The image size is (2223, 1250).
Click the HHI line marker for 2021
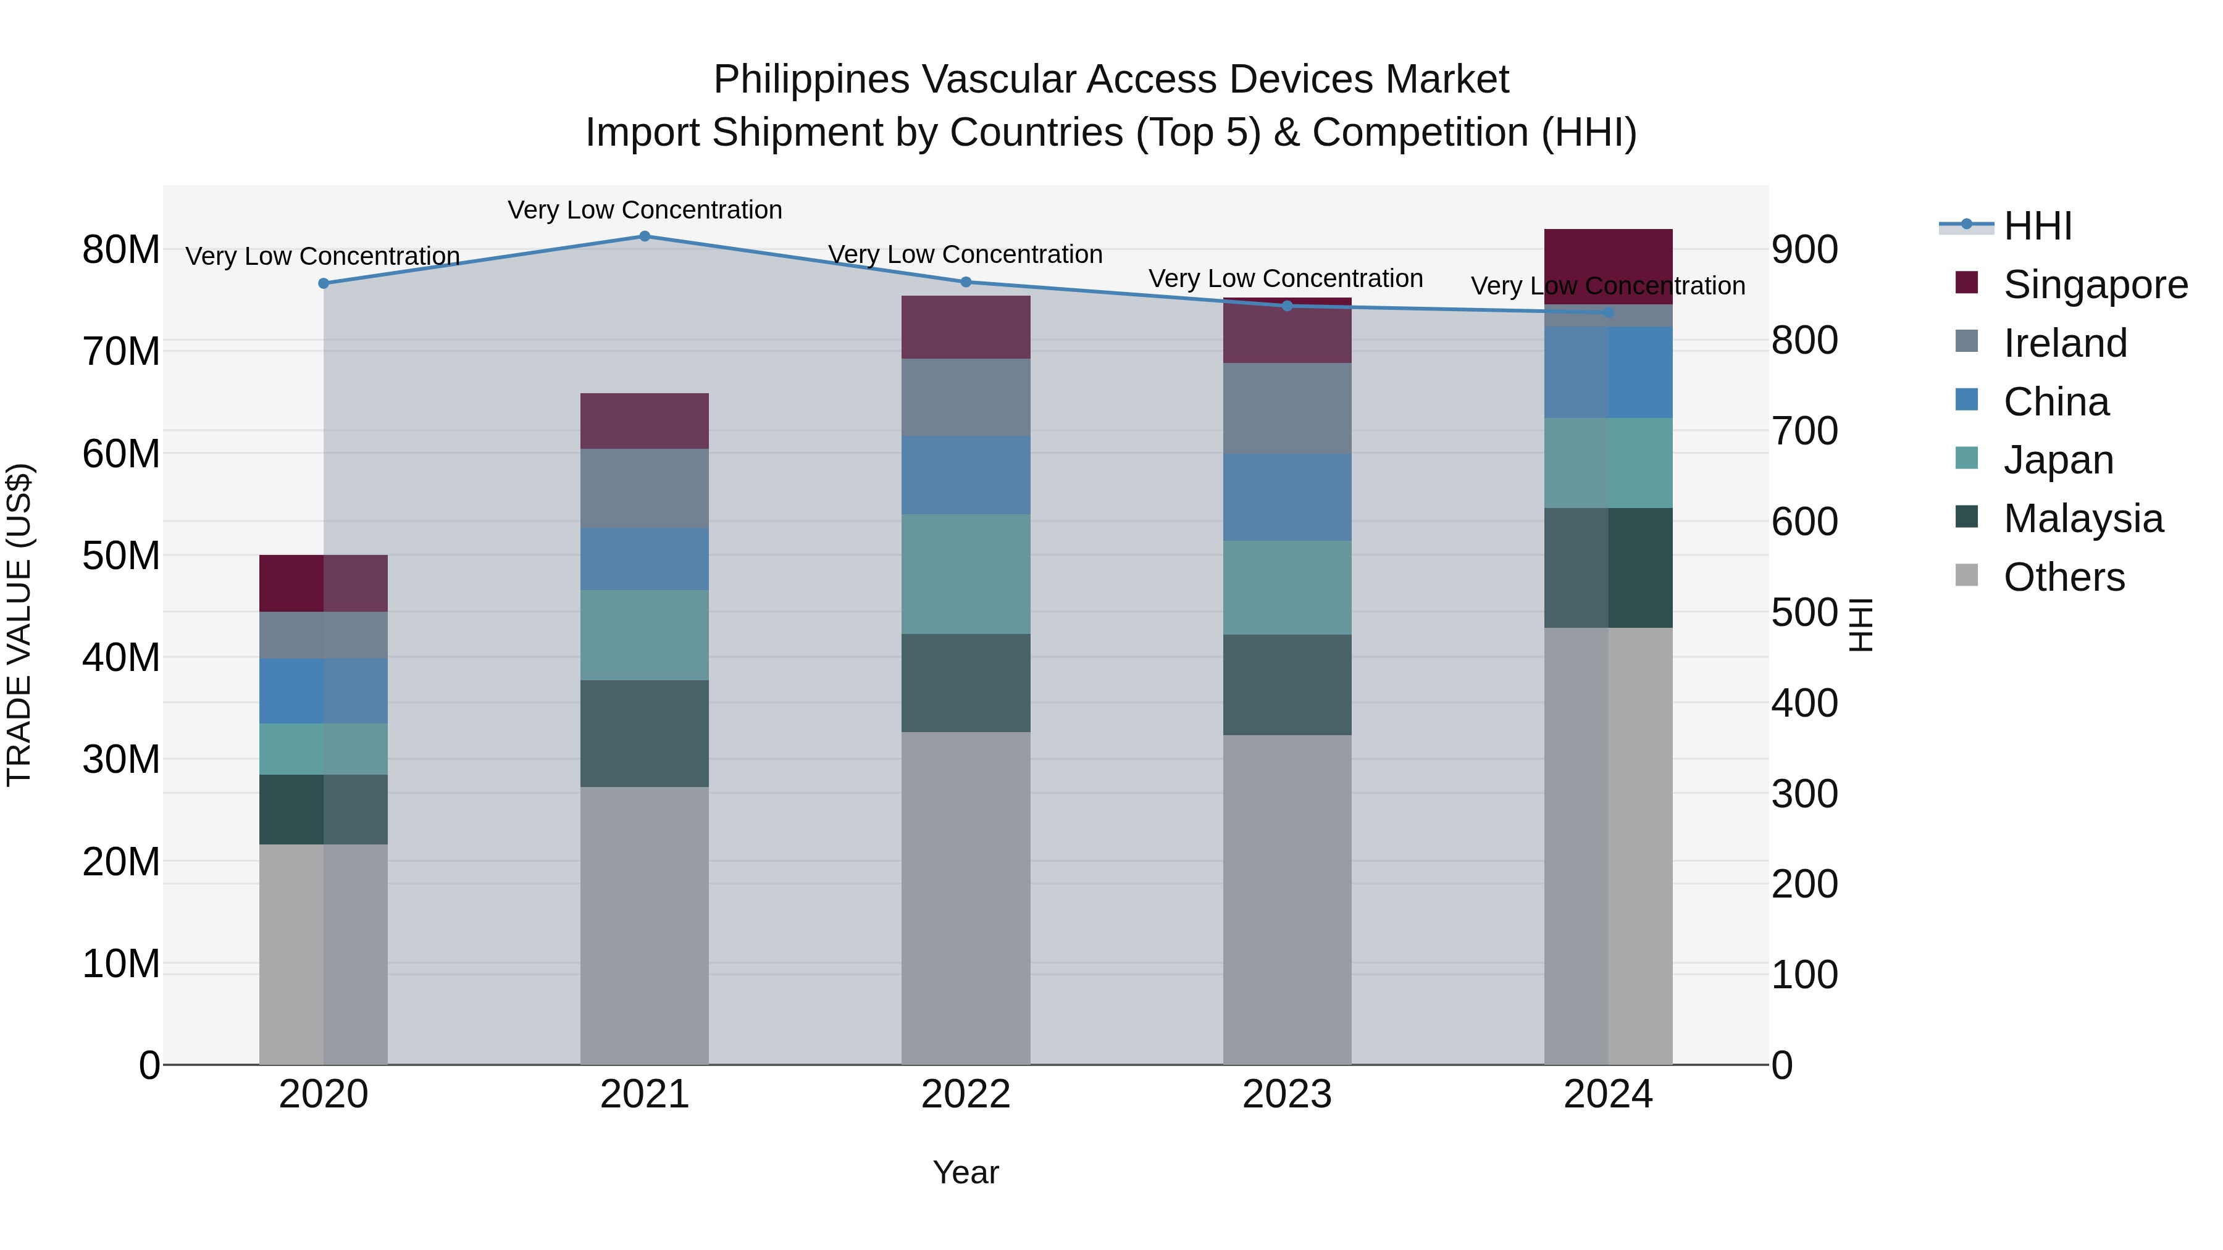click(x=645, y=236)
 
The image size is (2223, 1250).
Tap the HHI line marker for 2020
click(x=324, y=283)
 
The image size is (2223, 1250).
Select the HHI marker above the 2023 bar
click(x=1287, y=306)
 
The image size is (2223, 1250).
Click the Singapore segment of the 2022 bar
click(x=966, y=327)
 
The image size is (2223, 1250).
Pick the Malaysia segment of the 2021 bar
click(x=645, y=733)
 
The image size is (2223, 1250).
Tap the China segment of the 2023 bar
click(x=1287, y=497)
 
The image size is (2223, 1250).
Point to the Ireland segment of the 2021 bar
click(x=645, y=488)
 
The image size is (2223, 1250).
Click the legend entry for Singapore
click(x=2095, y=285)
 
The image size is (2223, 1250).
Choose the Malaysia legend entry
click(x=2082, y=519)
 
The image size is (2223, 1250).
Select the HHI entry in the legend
click(x=2037, y=226)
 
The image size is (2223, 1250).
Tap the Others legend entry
click(x=2063, y=577)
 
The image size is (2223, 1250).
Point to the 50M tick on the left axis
click(x=121, y=556)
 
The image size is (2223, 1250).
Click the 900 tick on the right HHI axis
click(x=1804, y=250)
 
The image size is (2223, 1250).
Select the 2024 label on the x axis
click(x=1608, y=1094)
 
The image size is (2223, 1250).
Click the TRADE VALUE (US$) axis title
click(x=19, y=625)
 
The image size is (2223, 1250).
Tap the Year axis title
click(x=966, y=1172)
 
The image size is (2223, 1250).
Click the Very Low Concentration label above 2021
click(x=645, y=210)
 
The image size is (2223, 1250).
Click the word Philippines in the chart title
click(x=811, y=80)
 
